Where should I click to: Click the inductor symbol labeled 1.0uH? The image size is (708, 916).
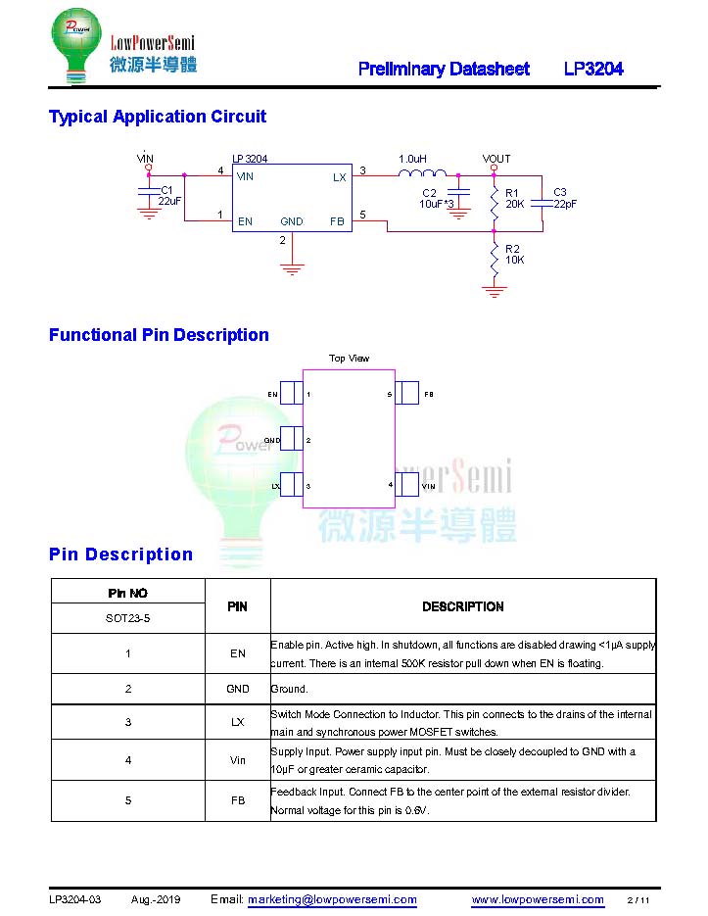pyautogui.click(x=422, y=173)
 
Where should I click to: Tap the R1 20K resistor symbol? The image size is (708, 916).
pyautogui.click(x=495, y=202)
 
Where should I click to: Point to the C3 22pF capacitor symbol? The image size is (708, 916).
pyautogui.click(x=543, y=203)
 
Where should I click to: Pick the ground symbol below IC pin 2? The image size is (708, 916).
pyautogui.click(x=292, y=269)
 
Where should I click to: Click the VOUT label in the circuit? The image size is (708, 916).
pyautogui.click(x=496, y=159)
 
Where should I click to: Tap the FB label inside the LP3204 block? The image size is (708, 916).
pyautogui.click(x=337, y=221)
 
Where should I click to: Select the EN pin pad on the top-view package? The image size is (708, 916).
pyautogui.click(x=292, y=393)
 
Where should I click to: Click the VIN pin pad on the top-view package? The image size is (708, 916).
pyautogui.click(x=406, y=484)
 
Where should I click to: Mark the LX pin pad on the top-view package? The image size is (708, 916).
pyautogui.click(x=292, y=484)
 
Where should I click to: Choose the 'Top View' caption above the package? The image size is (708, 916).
pyautogui.click(x=349, y=359)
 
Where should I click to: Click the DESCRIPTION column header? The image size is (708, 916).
pyautogui.click(x=462, y=606)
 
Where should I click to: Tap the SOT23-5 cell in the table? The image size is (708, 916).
pyautogui.click(x=128, y=618)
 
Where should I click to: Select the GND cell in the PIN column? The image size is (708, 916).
pyautogui.click(x=238, y=689)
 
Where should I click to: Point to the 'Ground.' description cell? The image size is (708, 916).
pyautogui.click(x=289, y=689)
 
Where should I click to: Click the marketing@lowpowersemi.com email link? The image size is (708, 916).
pyautogui.click(x=332, y=899)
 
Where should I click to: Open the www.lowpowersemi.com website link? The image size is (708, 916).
pyautogui.click(x=538, y=899)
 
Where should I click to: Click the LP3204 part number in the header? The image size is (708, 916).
pyautogui.click(x=593, y=69)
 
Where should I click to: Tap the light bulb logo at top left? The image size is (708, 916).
pyautogui.click(x=76, y=46)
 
